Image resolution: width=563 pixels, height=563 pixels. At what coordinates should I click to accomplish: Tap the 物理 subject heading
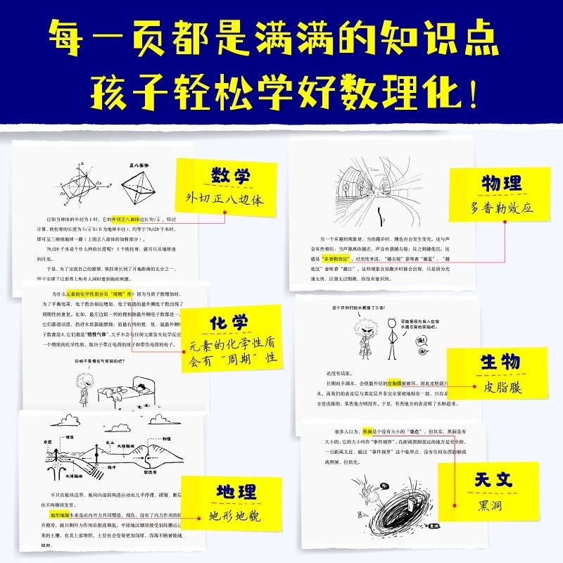pyautogui.click(x=501, y=184)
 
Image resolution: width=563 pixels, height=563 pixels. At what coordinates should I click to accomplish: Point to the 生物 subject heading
pyautogui.click(x=500, y=363)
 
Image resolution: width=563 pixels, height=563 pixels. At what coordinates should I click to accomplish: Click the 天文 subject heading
pyautogui.click(x=493, y=481)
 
